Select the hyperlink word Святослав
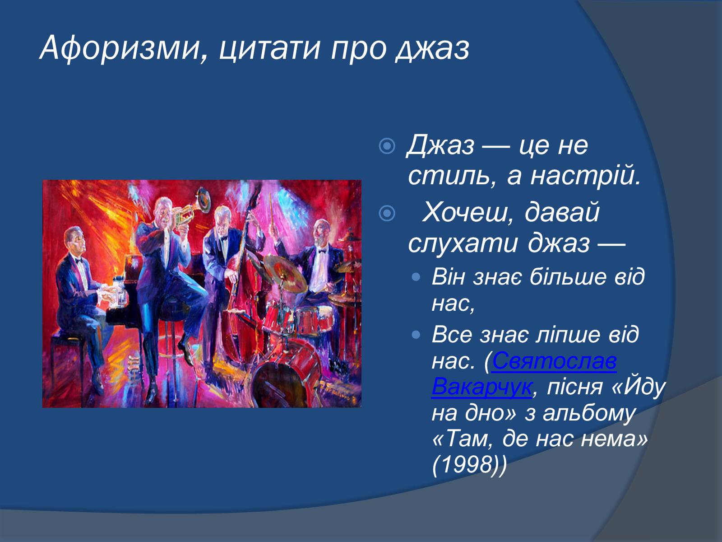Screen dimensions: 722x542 pyautogui.click(x=554, y=361)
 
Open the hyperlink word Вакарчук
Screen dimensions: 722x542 pyautogui.click(x=481, y=386)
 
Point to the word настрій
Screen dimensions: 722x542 pyautogui.click(x=585, y=176)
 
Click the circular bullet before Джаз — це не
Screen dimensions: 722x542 pyautogui.click(x=387, y=146)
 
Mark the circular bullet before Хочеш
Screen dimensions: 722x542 pyautogui.click(x=387, y=213)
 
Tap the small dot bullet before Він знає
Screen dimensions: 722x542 pyautogui.click(x=416, y=276)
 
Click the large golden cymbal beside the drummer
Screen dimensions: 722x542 pyautogui.click(x=286, y=274)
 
